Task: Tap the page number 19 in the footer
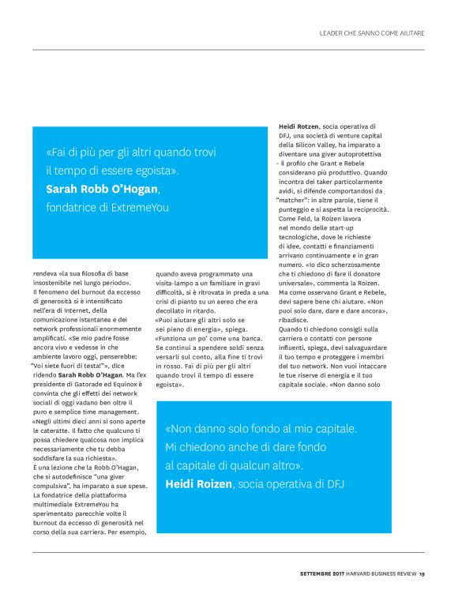click(422, 573)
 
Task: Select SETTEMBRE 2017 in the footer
click(322, 573)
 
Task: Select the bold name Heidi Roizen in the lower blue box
click(197, 483)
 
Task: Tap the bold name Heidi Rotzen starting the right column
click(299, 126)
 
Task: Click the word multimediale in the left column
click(55, 504)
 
